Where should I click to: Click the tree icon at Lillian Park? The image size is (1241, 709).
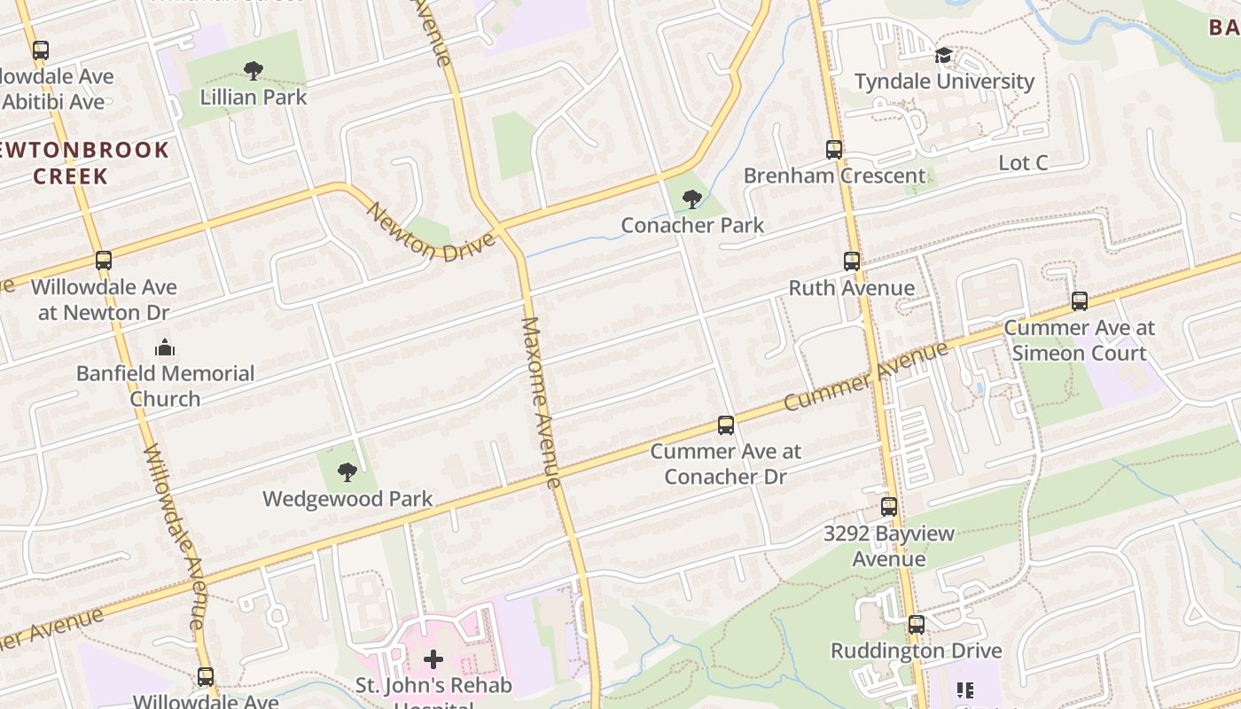click(x=254, y=70)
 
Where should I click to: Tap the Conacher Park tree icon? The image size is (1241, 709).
click(x=692, y=199)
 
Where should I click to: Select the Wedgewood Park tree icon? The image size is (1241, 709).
click(x=347, y=472)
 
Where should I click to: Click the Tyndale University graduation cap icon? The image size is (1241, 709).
click(x=943, y=56)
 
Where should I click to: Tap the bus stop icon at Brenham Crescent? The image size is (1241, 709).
click(x=834, y=149)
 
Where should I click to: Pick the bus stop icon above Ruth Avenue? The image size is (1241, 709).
click(x=852, y=261)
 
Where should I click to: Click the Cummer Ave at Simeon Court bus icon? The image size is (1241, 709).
click(x=1079, y=301)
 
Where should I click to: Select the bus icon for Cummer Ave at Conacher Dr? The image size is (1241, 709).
click(x=726, y=425)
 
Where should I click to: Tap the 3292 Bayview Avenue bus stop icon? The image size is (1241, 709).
click(x=889, y=507)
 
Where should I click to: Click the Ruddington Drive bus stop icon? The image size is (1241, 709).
click(x=917, y=625)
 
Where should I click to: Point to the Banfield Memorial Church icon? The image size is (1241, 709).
click(x=165, y=347)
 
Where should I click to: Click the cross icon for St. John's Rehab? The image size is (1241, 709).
click(x=433, y=658)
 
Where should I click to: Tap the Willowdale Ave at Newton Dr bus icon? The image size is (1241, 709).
click(x=104, y=261)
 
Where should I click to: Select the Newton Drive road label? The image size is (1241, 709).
click(x=430, y=232)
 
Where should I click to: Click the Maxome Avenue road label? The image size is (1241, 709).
click(x=542, y=402)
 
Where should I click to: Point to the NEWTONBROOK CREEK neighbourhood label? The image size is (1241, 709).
click(x=85, y=162)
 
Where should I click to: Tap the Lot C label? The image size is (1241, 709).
click(x=1023, y=163)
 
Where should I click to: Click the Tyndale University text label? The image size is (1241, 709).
click(x=944, y=82)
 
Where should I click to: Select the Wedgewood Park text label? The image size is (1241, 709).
click(x=347, y=499)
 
